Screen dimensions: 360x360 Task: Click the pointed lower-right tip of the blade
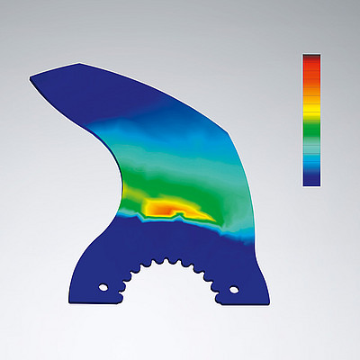[269, 300]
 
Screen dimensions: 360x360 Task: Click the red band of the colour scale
[310, 67]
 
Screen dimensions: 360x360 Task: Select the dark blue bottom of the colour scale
[310, 178]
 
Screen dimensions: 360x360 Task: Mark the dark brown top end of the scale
[310, 56]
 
